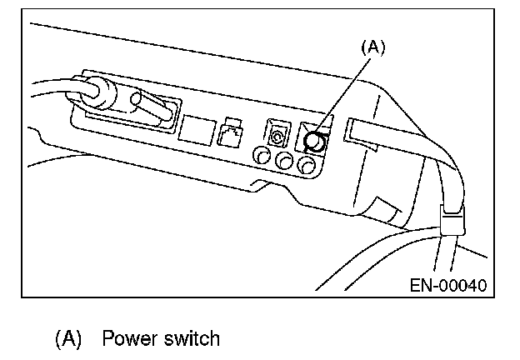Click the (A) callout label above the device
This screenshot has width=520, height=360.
(372, 48)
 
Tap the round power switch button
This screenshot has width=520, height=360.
(316, 142)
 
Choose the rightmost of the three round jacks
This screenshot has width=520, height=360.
(307, 167)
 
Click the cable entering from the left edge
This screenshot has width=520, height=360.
(46, 87)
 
